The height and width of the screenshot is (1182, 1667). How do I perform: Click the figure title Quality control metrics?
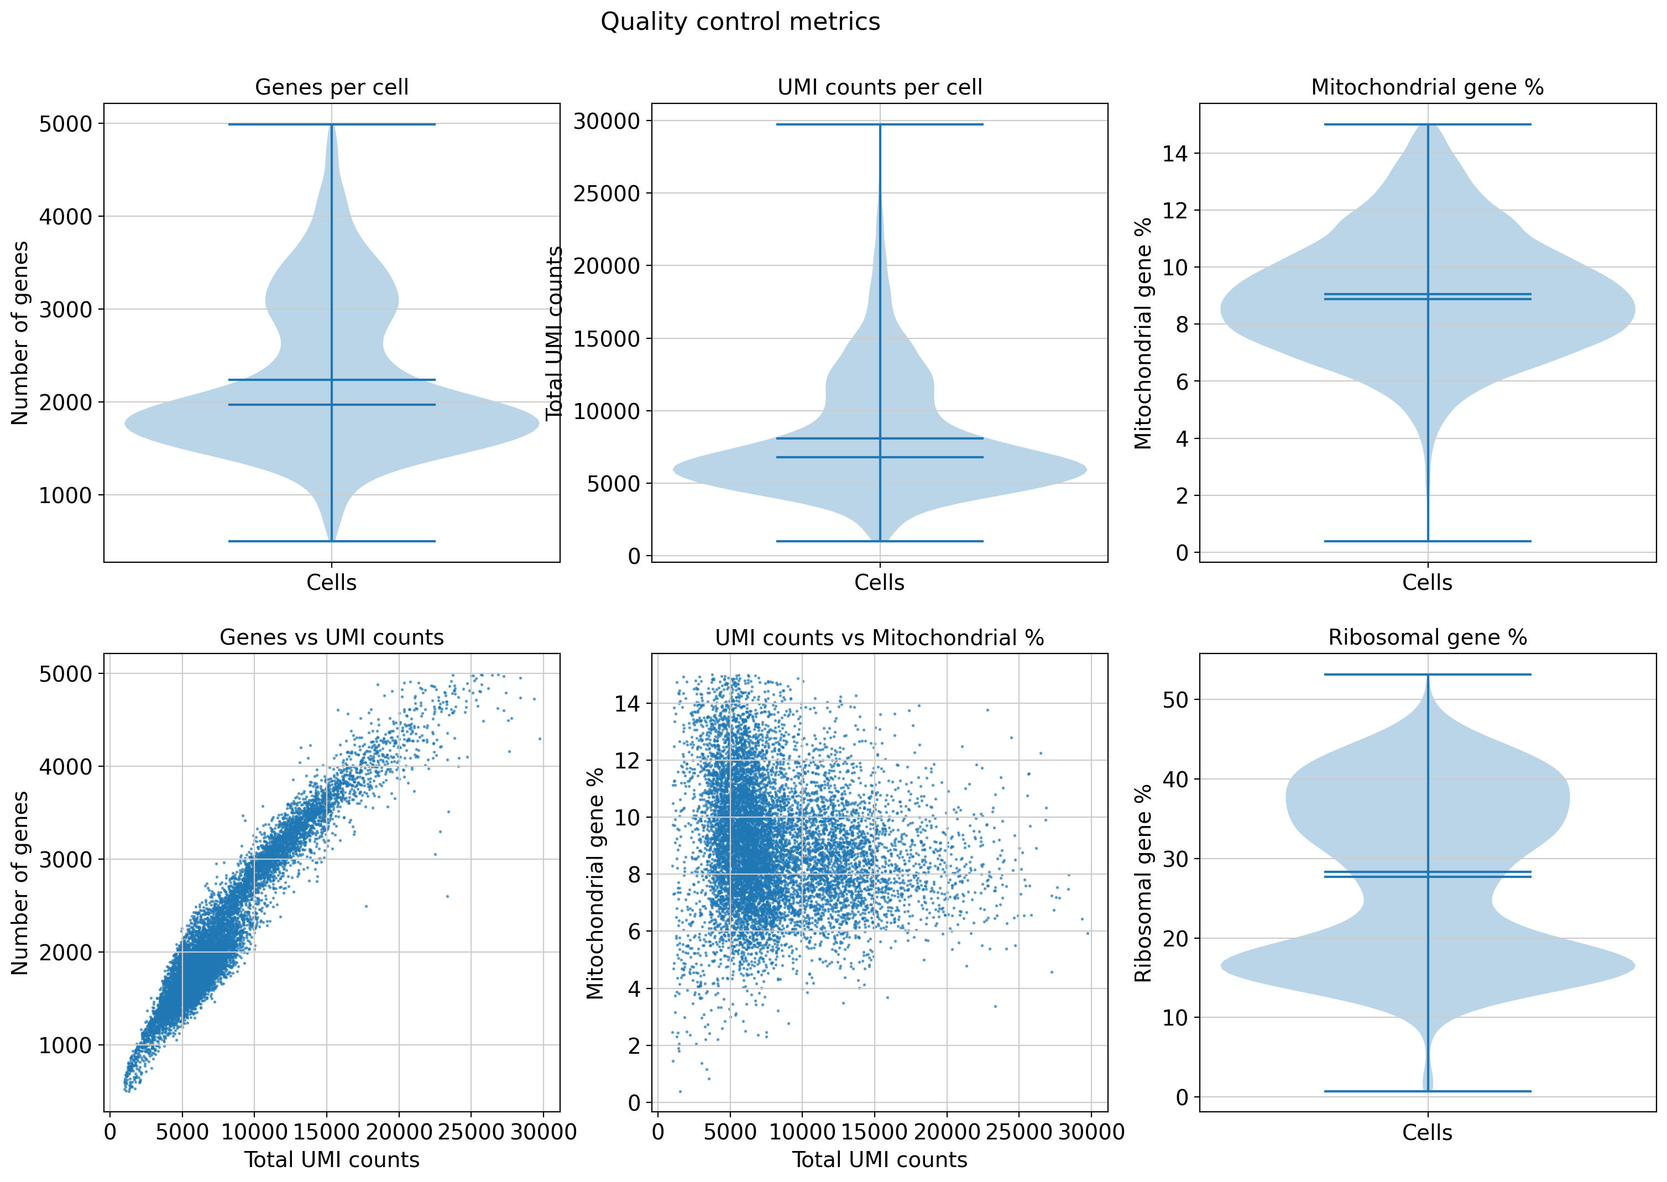point(740,22)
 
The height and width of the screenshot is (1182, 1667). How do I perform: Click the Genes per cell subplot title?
point(331,87)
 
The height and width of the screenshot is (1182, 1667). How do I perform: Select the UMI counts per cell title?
point(879,87)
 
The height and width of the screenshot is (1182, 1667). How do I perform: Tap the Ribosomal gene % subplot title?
point(1427,637)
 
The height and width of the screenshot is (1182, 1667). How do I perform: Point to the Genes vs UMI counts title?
point(331,637)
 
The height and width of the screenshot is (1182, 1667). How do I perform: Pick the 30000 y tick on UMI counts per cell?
point(607,121)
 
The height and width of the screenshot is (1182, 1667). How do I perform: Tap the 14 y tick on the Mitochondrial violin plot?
point(1175,154)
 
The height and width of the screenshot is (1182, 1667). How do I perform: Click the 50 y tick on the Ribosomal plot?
point(1175,700)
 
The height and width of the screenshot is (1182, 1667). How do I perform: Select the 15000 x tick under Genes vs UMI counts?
point(326,1132)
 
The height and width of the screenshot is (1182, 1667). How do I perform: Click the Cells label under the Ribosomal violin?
point(1427,1132)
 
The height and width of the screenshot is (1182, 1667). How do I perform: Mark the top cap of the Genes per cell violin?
point(331,124)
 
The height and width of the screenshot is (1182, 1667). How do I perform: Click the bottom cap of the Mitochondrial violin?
point(1427,541)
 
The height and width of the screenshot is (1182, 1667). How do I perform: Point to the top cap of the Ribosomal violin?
point(1427,674)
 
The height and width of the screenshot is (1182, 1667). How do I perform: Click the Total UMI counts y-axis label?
point(555,333)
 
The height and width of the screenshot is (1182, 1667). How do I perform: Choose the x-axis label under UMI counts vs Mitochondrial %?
point(879,1159)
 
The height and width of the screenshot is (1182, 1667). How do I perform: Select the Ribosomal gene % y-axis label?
point(1143,882)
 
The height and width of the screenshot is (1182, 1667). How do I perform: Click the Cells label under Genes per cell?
point(331,582)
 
